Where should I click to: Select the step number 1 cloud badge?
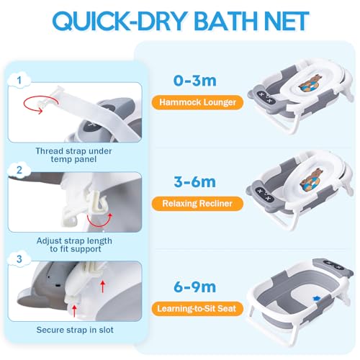[19, 80]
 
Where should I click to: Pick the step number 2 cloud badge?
[19, 170]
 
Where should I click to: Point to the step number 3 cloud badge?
[19, 259]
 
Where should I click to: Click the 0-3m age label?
[194, 81]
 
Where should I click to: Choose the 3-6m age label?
[194, 181]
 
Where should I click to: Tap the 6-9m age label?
[194, 287]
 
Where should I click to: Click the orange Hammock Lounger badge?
[197, 102]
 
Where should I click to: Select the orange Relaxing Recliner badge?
[197, 204]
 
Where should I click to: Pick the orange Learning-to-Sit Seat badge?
[197, 308]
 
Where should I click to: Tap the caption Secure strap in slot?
[75, 330]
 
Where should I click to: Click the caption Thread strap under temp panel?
[73, 155]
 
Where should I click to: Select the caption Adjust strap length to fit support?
[74, 245]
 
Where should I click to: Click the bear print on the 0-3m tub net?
[309, 84]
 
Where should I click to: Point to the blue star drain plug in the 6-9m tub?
[317, 298]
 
